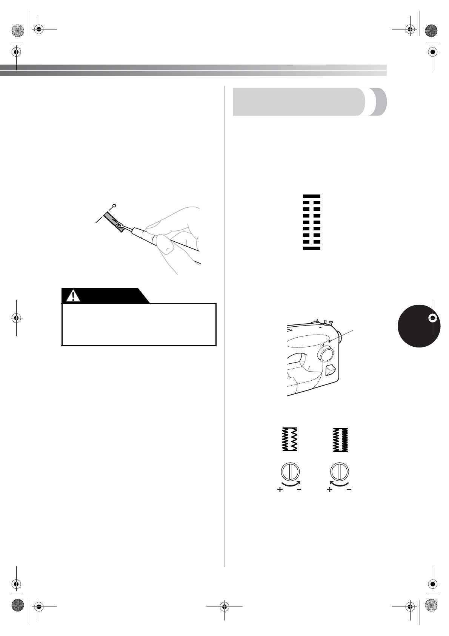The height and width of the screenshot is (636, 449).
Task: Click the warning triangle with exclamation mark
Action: [73, 296]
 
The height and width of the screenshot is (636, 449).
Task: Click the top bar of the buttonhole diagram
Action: [312, 196]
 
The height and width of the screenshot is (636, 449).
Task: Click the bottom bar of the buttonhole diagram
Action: [312, 248]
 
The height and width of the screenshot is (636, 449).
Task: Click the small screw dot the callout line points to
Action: [329, 341]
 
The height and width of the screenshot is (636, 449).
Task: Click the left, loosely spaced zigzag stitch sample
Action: [290, 440]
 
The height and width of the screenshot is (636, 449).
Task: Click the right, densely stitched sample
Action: [340, 440]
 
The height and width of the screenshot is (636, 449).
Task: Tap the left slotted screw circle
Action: [290, 472]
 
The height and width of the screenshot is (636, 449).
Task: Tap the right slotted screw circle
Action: [340, 472]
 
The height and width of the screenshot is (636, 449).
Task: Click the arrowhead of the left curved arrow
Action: [300, 482]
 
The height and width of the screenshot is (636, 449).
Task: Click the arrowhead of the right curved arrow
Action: [331, 482]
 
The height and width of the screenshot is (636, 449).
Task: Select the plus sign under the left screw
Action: [280, 489]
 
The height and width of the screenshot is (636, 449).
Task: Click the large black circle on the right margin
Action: [419, 326]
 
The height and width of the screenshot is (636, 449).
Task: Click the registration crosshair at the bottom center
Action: [224, 607]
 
